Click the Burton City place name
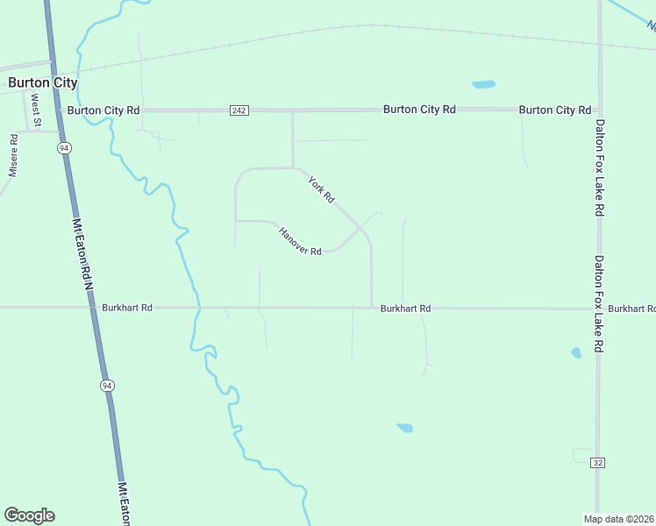tap(42, 83)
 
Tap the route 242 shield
tap(240, 110)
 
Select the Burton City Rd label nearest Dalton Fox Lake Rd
tap(554, 110)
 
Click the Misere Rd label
tap(13, 156)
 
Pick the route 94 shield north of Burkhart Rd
tap(65, 149)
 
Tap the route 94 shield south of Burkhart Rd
tap(107, 386)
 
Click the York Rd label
tap(321, 190)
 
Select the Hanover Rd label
tap(300, 241)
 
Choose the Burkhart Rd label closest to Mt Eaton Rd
tap(127, 308)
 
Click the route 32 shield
tap(597, 463)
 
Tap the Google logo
tap(29, 515)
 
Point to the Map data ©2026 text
tap(618, 518)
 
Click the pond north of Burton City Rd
tap(483, 85)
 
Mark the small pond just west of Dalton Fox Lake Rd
tap(576, 353)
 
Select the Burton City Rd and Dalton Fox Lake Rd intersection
tap(599, 110)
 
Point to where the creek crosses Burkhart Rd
tap(196, 308)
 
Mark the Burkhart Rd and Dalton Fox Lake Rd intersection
tap(598, 309)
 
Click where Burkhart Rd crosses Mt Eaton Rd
tap(92, 308)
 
